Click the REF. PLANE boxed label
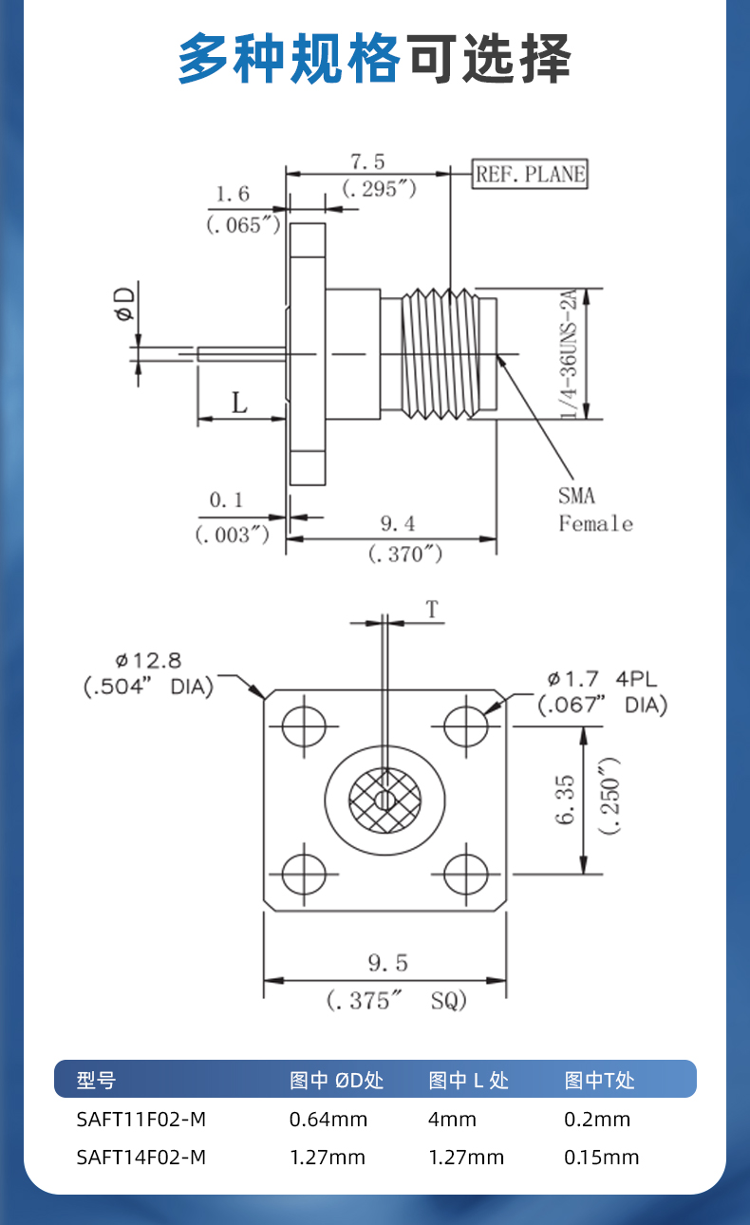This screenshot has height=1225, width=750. tap(531, 175)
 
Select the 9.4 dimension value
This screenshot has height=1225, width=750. tap(398, 523)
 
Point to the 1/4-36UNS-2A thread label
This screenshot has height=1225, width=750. tap(570, 354)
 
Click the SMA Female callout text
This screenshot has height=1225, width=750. tap(594, 509)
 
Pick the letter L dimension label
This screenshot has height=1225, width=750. tap(239, 403)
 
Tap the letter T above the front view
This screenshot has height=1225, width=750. tap(433, 610)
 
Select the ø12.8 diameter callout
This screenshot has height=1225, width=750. tap(148, 660)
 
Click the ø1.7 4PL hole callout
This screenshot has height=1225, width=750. tap(601, 679)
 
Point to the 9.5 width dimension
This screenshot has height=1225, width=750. tap(387, 964)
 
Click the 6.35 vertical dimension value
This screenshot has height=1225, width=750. tap(567, 801)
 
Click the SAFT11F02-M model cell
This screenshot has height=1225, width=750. tap(141, 1119)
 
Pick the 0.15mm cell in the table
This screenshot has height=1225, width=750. tap(601, 1158)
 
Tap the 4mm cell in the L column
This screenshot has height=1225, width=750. tap(452, 1119)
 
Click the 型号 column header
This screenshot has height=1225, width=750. tap(96, 1080)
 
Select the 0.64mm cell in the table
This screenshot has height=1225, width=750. tap(328, 1119)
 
